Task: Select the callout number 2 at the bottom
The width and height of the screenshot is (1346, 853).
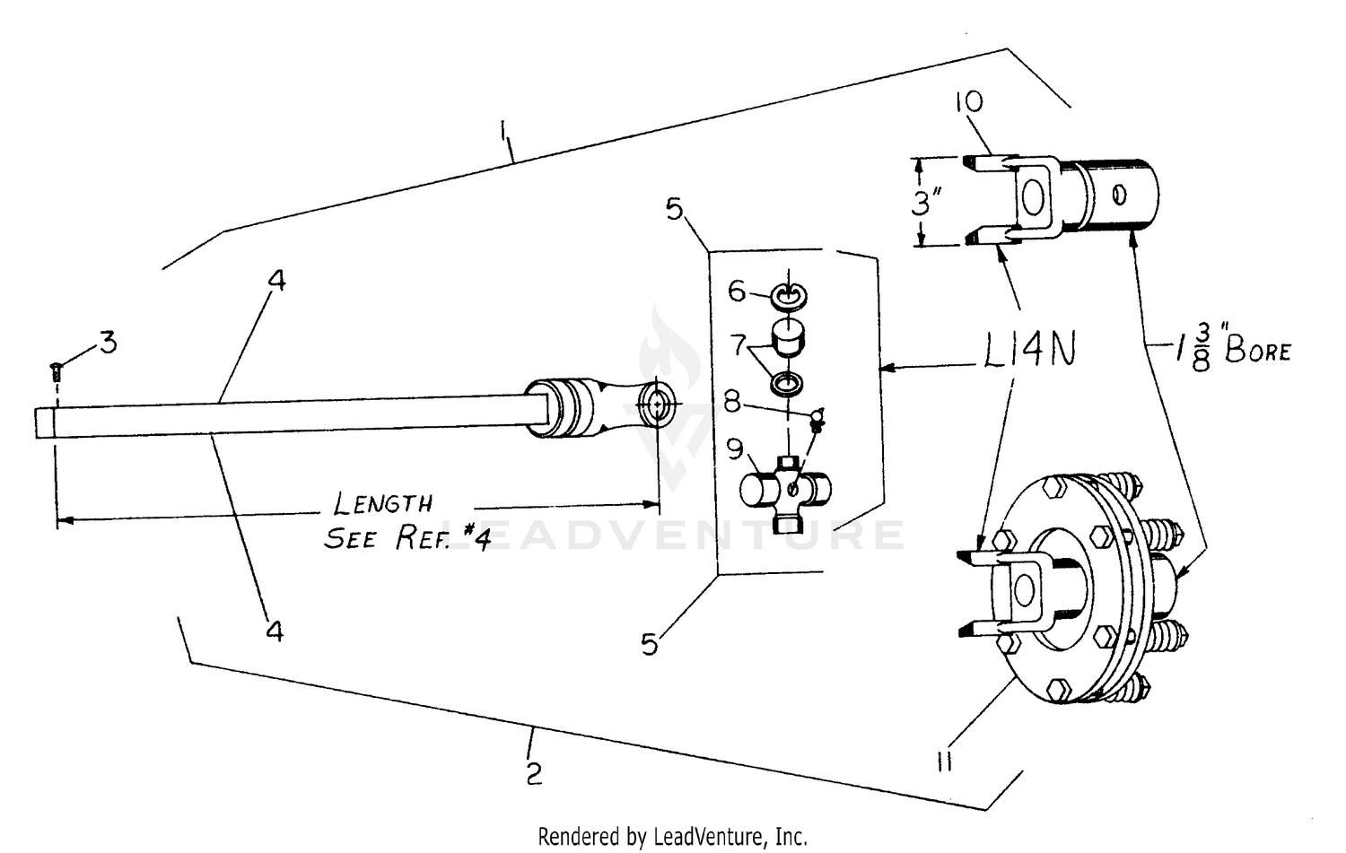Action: pos(534,773)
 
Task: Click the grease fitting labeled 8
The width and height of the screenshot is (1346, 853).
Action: pos(817,418)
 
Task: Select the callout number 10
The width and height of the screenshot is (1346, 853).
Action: pos(968,102)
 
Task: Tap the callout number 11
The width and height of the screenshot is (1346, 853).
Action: pos(943,762)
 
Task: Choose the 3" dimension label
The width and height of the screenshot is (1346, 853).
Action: pos(924,204)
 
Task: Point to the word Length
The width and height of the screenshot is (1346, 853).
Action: pos(383,503)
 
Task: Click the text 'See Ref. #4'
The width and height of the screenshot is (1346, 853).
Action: pos(406,538)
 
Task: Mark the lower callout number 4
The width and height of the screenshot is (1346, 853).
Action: pos(275,631)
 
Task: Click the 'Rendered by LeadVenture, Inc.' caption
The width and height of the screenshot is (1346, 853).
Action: pos(672,837)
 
